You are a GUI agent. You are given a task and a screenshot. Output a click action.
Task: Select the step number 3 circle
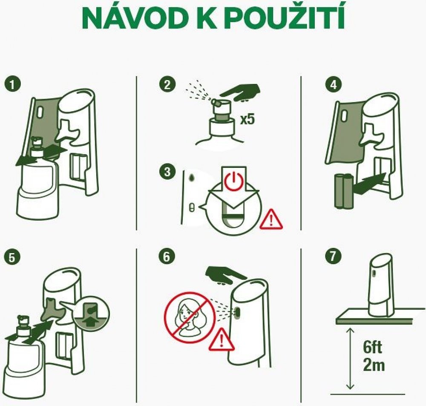(167, 172)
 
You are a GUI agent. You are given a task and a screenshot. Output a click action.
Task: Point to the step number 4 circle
(333, 84)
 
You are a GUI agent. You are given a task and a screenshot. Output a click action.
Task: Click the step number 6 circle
(167, 256)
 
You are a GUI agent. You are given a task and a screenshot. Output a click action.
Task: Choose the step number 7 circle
(333, 256)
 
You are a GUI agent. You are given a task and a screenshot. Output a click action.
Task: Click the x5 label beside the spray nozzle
(248, 119)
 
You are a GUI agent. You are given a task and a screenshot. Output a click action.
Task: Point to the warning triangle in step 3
(271, 219)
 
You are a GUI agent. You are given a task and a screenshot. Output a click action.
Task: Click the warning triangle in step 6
(222, 339)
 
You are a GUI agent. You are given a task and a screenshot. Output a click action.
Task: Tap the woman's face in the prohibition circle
(187, 313)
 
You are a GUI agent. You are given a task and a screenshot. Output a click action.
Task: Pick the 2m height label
(374, 365)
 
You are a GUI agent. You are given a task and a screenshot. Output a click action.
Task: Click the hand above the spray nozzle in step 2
(240, 92)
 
